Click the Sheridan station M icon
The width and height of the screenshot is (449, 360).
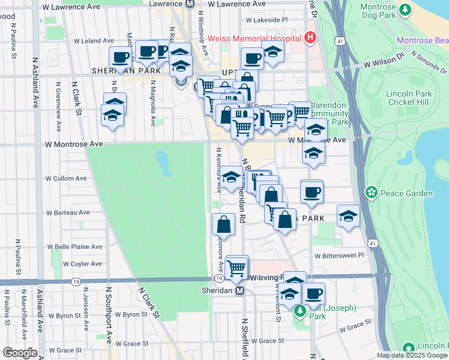pyautogui.click(x=240, y=290)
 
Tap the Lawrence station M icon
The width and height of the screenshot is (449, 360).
pyautogui.click(x=190, y=4)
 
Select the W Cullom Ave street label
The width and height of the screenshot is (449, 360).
pyautogui.click(x=67, y=178)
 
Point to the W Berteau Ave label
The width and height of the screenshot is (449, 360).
pyautogui.click(x=68, y=212)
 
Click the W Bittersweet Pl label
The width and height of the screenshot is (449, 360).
pyautogui.click(x=339, y=255)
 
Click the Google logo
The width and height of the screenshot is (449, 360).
pyautogui.click(x=20, y=353)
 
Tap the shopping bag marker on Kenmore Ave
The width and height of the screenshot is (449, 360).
pyautogui.click(x=223, y=224)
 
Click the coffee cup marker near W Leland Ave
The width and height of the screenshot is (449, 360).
pyautogui.click(x=120, y=57)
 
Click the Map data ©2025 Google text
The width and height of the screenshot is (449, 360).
pyautogui.click(x=412, y=355)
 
